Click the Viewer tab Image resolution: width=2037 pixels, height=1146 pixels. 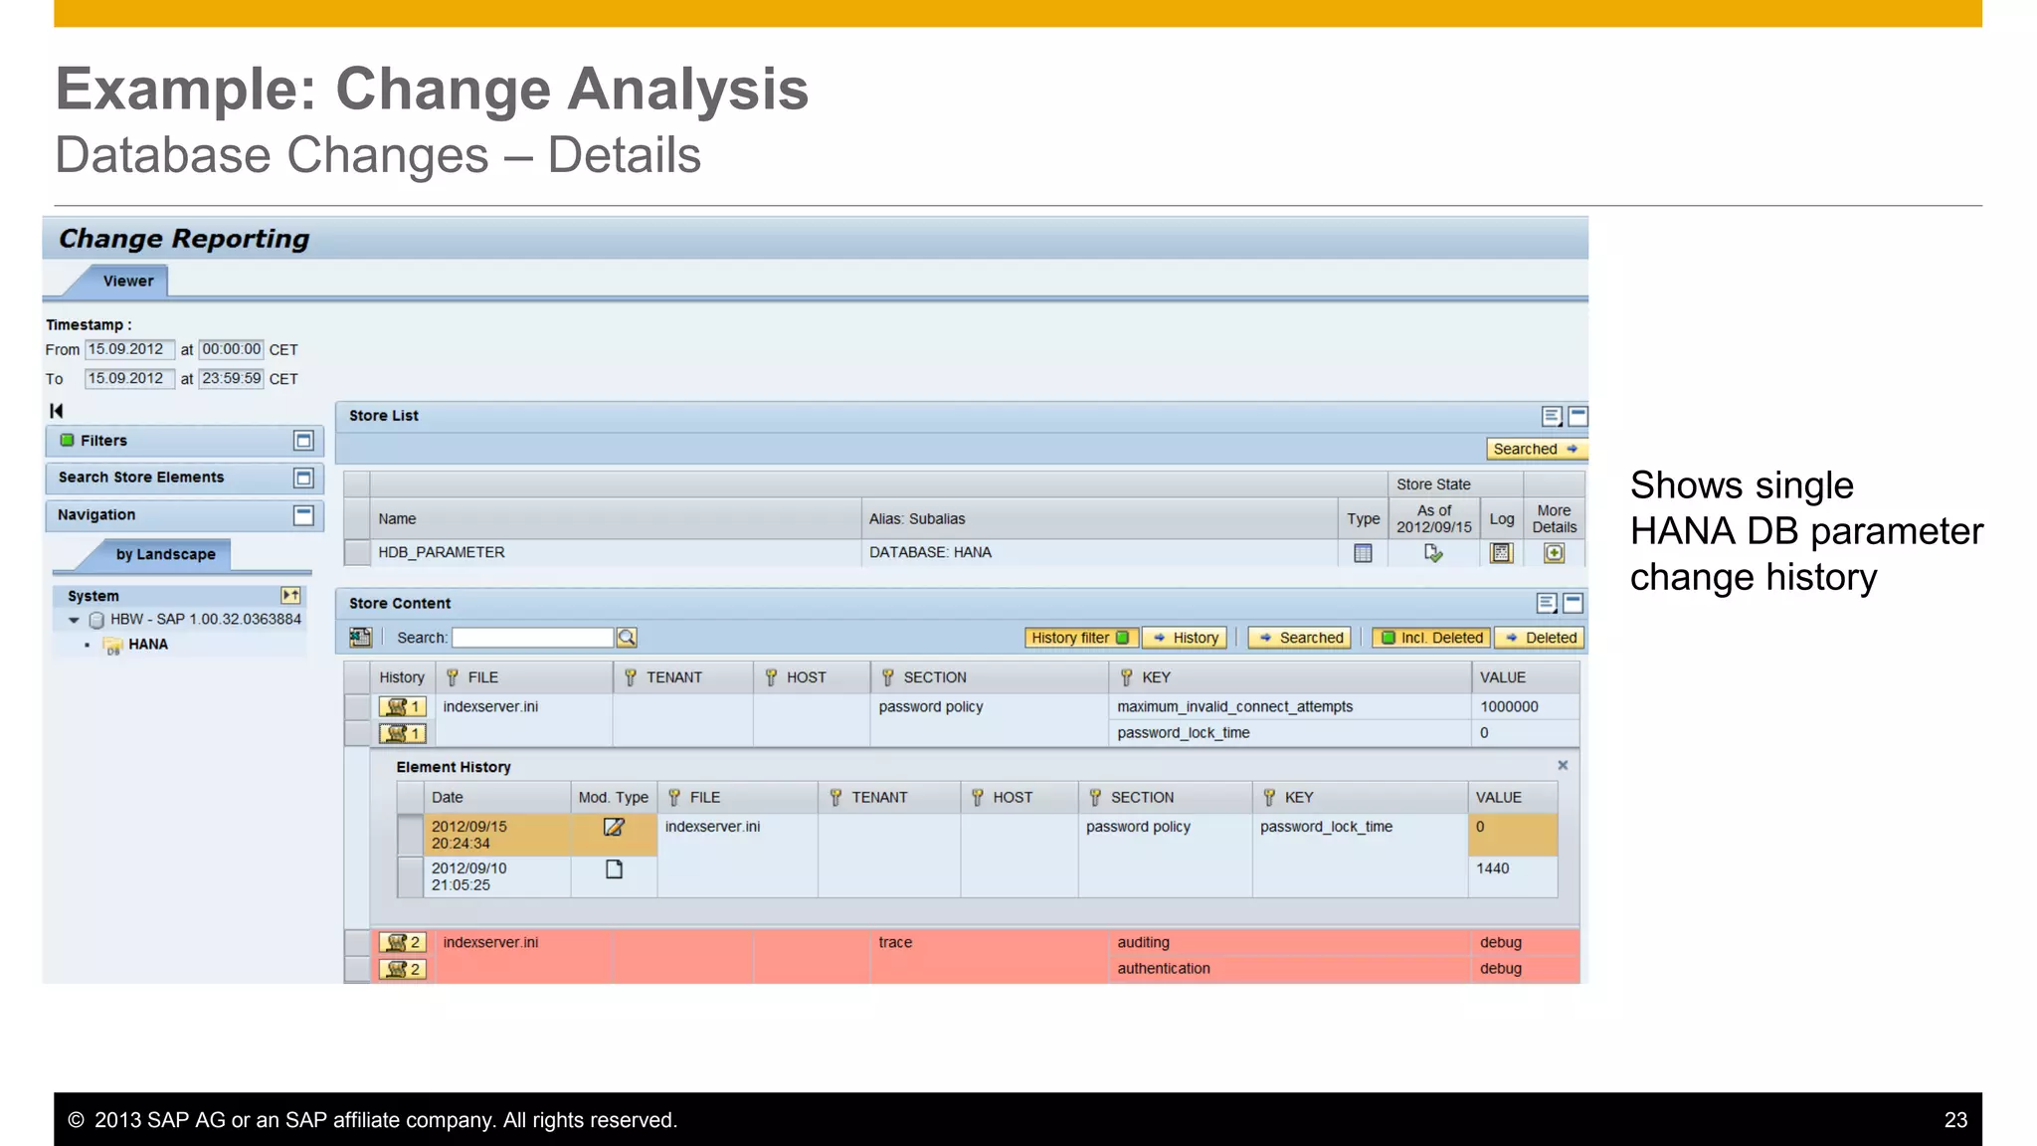[x=128, y=282]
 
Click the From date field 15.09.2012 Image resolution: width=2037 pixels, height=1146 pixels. [x=126, y=349]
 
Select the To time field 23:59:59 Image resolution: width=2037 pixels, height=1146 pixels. [x=231, y=378]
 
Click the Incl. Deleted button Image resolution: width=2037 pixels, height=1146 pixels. [x=1431, y=638]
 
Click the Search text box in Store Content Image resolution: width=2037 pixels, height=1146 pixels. [x=532, y=638]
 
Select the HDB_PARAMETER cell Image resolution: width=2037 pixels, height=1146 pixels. [x=442, y=552]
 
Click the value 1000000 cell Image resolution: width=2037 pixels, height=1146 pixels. [x=1509, y=706]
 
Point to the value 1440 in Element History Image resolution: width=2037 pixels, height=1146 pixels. [x=1492, y=868]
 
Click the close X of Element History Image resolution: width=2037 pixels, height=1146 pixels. [x=1563, y=765]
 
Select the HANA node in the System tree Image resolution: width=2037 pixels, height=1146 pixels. [x=147, y=645]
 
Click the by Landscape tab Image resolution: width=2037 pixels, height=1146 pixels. [x=165, y=554]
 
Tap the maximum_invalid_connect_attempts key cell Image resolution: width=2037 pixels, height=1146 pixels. [x=1234, y=706]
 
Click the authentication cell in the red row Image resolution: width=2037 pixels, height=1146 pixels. [x=1163, y=968]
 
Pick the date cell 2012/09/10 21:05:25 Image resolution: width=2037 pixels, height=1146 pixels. [x=468, y=876]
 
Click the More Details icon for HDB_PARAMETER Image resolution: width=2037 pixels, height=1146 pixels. [x=1554, y=553]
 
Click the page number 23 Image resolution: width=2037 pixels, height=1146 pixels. [x=1955, y=1120]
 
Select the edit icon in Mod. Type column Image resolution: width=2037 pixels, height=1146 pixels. [x=614, y=827]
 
